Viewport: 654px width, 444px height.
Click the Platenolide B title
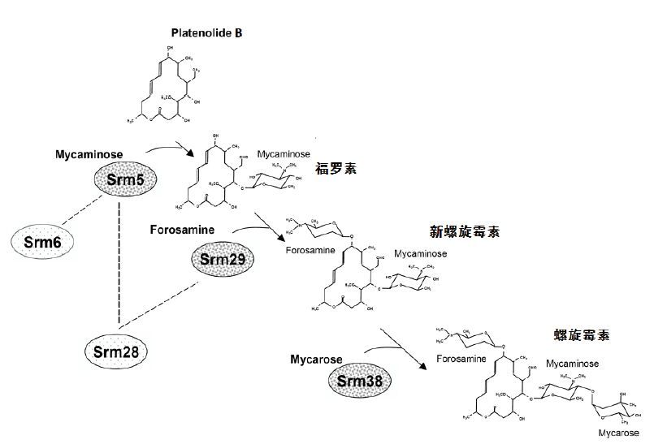coord(207,33)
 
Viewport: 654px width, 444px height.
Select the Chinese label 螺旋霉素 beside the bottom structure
coord(582,334)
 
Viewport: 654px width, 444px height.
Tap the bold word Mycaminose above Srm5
coord(89,153)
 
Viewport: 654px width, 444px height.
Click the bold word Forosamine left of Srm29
coord(183,230)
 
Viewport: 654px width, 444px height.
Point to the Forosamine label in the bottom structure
coord(461,358)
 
